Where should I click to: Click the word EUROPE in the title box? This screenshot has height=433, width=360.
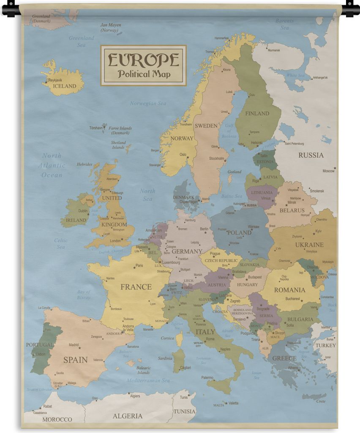click(143, 60)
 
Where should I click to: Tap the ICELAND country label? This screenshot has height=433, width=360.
click(65, 86)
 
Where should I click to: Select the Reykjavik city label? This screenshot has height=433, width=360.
click(55, 80)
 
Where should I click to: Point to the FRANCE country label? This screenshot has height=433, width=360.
click(136, 287)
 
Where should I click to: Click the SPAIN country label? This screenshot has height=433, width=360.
click(75, 360)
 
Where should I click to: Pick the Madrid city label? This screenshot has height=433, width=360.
click(74, 345)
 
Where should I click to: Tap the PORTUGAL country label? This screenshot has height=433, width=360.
click(40, 345)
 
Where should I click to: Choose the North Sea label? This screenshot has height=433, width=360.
click(147, 195)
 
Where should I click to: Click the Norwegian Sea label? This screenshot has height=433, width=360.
click(148, 103)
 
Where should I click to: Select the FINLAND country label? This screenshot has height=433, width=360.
click(257, 113)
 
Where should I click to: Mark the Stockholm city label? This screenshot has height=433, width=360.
click(217, 159)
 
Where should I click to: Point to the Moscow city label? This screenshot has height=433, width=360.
click(328, 171)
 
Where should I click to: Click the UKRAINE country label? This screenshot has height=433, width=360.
click(309, 244)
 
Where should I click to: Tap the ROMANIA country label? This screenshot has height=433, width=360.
click(289, 290)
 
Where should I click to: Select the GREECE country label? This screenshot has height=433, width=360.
click(284, 358)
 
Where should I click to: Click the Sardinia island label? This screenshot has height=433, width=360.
click(165, 358)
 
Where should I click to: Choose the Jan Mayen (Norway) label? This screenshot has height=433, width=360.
click(110, 27)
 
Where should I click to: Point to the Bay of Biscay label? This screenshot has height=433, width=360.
click(84, 294)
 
